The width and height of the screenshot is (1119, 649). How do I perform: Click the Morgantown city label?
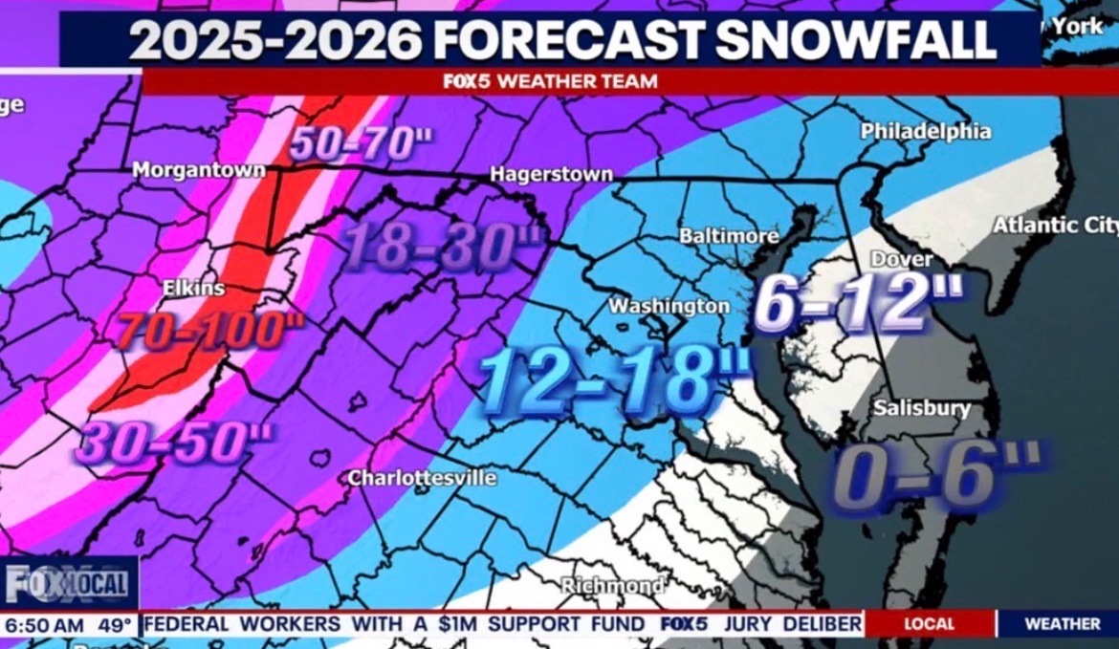pos(199,170)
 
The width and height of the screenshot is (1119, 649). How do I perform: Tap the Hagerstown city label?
pos(551,175)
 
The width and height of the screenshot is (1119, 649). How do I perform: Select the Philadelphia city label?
pos(925,131)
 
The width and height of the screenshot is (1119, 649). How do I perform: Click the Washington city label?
pos(669,306)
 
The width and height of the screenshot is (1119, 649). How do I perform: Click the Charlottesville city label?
pos(422,478)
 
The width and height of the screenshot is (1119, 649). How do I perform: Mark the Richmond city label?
pos(612,585)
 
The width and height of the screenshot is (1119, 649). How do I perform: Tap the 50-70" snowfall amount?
pos(361,144)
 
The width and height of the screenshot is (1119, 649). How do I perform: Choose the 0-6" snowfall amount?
pos(937,473)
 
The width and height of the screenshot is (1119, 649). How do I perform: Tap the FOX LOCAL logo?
pos(68,583)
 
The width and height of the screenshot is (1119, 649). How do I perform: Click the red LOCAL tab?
pos(930,624)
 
